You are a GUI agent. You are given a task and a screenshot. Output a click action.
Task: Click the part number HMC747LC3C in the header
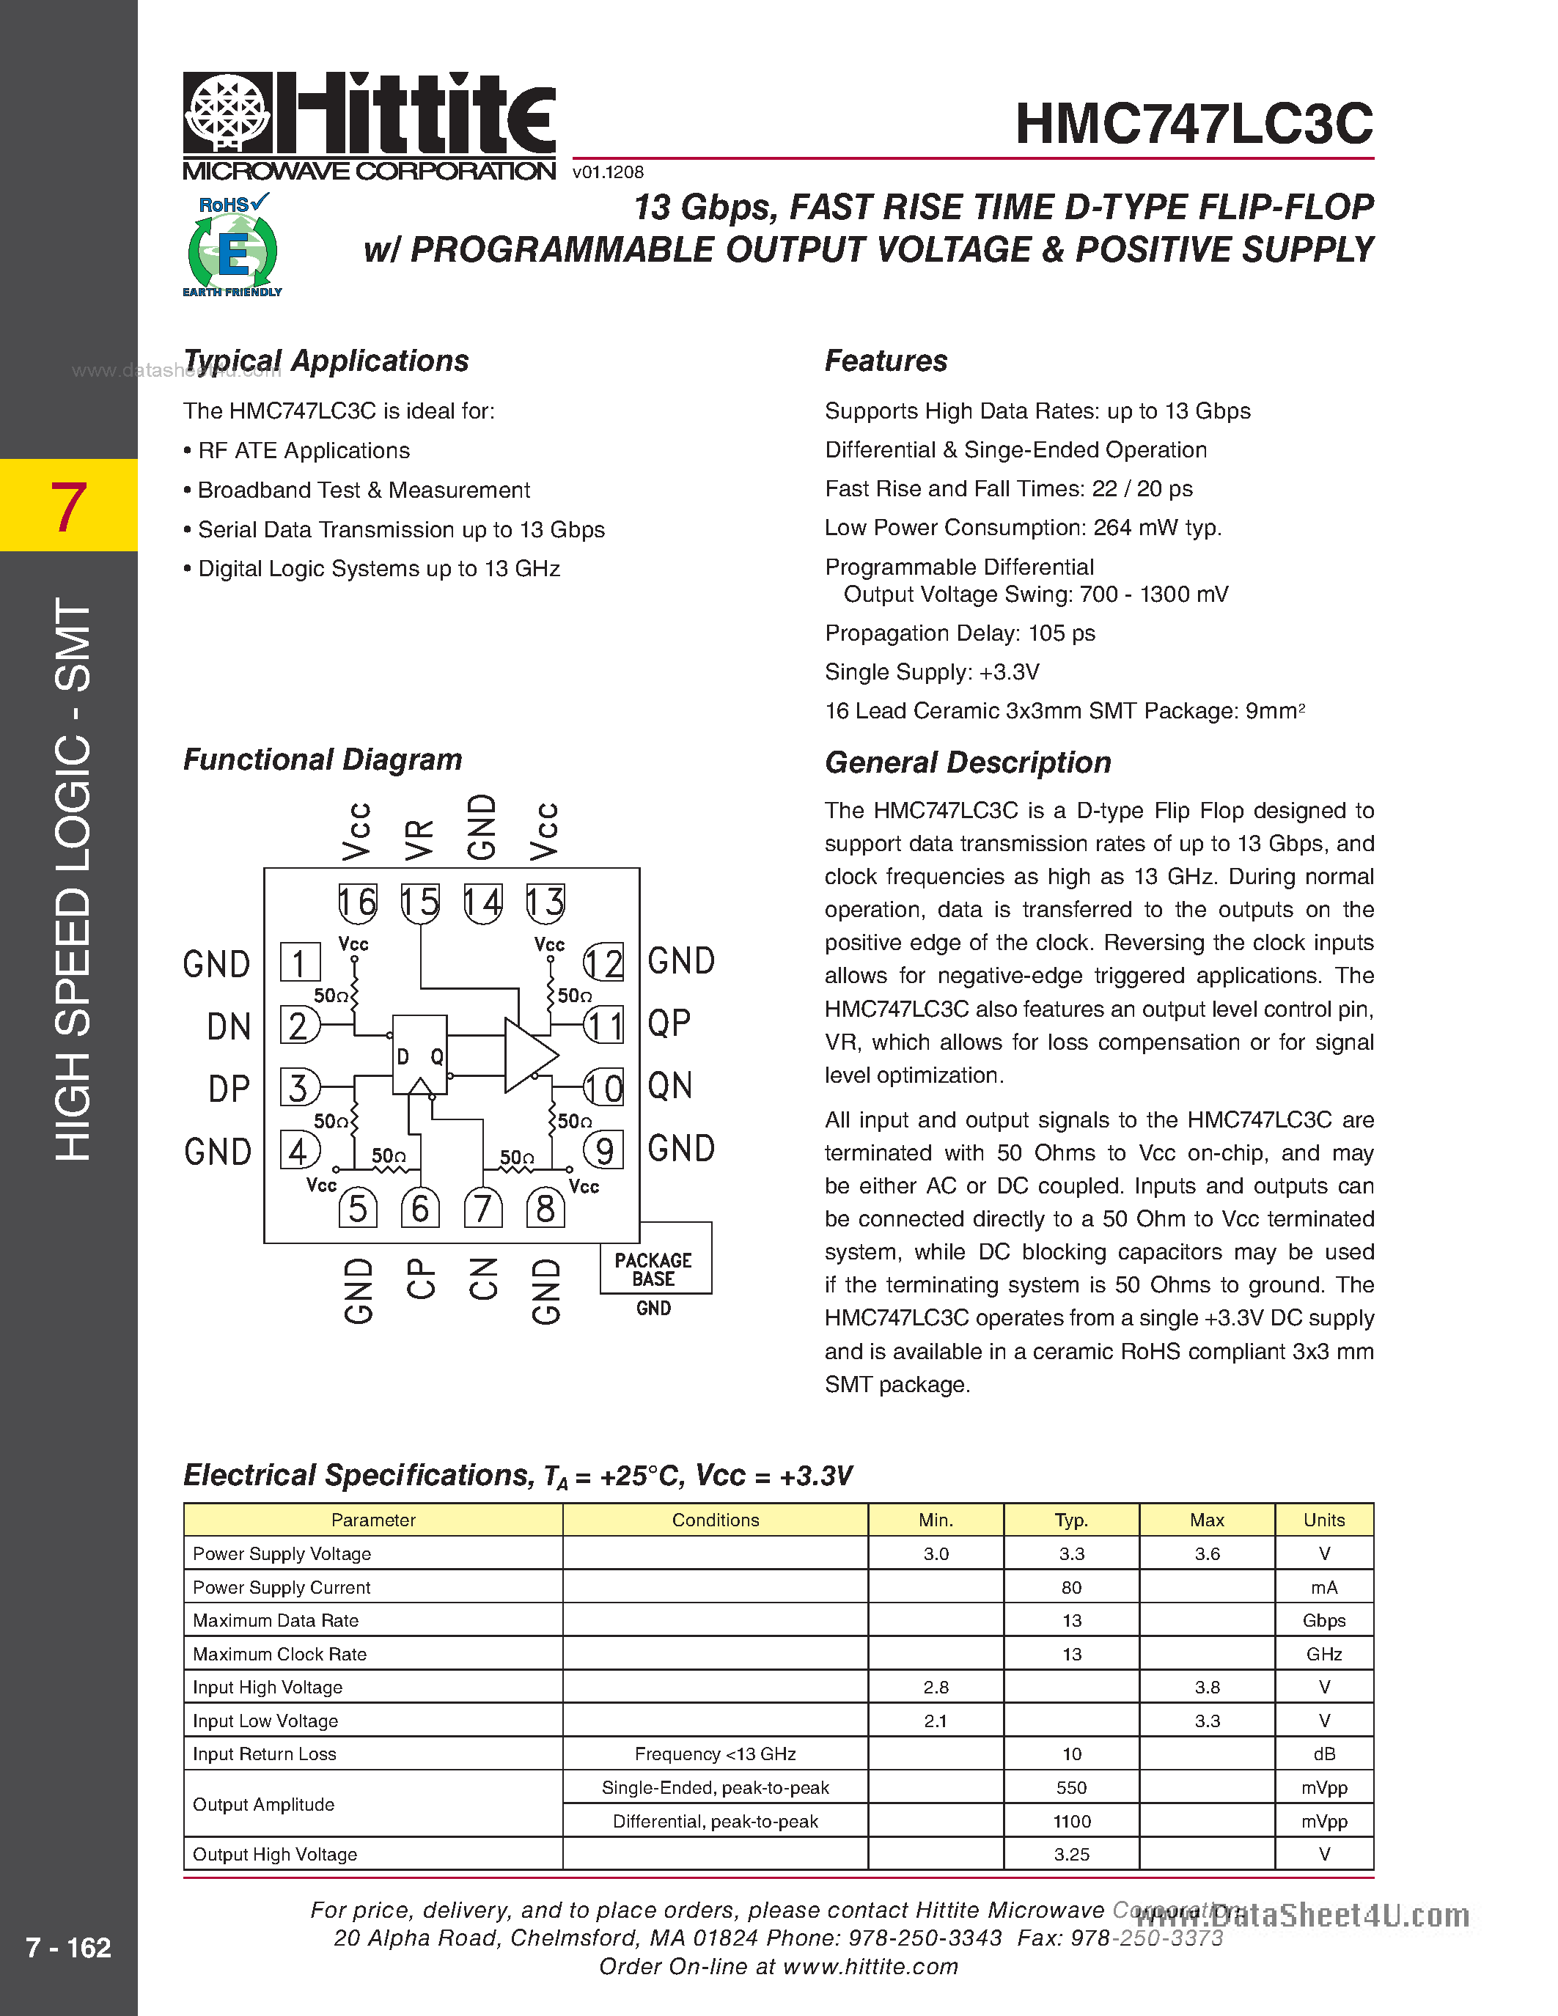click(1194, 124)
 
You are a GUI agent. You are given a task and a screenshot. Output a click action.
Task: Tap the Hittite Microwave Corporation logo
click(370, 125)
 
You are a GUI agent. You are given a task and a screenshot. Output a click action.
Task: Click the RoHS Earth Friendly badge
click(232, 246)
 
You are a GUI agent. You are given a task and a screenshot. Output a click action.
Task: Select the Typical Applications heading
click(326, 361)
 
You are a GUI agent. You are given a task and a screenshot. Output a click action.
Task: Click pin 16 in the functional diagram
click(357, 902)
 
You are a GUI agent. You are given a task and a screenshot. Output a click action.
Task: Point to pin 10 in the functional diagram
click(603, 1087)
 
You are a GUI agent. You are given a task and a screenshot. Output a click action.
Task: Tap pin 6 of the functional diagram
click(420, 1207)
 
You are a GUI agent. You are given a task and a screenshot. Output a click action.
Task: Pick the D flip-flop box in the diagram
click(420, 1055)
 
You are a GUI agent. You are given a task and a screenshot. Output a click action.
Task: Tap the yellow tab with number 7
click(68, 505)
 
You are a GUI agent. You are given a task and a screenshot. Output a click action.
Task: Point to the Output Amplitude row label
click(264, 1805)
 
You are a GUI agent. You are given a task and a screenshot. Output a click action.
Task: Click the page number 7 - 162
click(68, 1948)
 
